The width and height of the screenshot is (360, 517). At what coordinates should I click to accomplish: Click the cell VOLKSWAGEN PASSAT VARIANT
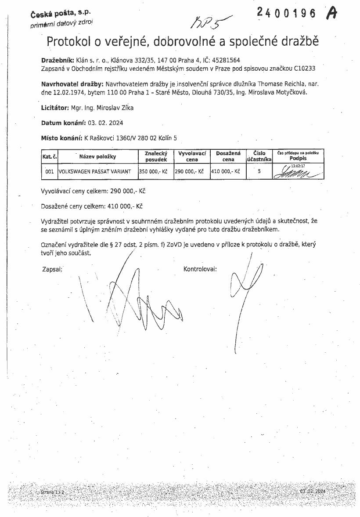[x=95, y=172]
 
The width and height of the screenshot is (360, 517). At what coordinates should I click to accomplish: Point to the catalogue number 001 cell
[x=49, y=172]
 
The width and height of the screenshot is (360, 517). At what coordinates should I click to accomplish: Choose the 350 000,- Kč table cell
[x=153, y=172]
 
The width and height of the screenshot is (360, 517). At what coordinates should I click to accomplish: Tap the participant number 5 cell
[x=259, y=172]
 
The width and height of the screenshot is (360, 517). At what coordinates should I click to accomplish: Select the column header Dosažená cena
[x=228, y=156]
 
